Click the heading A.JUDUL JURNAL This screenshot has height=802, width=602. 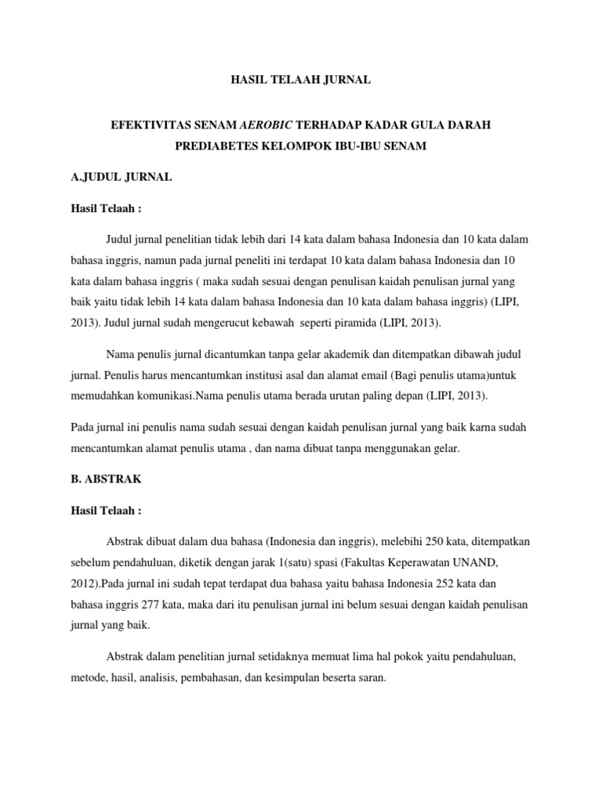pos(121,178)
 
